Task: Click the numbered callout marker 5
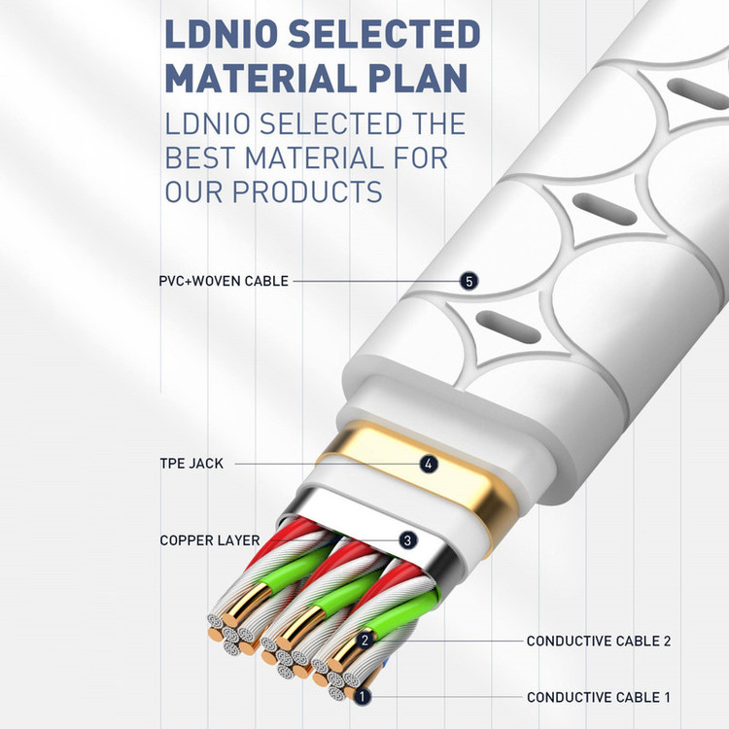(x=470, y=281)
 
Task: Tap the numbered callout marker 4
(x=429, y=464)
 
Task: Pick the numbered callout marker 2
(x=366, y=640)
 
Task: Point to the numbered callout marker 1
(x=362, y=697)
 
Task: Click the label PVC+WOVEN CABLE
(x=224, y=281)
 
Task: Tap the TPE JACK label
(x=191, y=464)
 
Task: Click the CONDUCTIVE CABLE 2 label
(x=599, y=641)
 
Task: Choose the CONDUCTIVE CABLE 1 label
(x=599, y=697)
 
